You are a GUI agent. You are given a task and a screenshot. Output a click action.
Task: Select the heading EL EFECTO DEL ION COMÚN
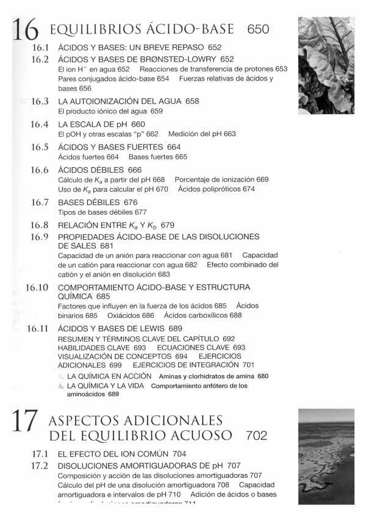[116, 454]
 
